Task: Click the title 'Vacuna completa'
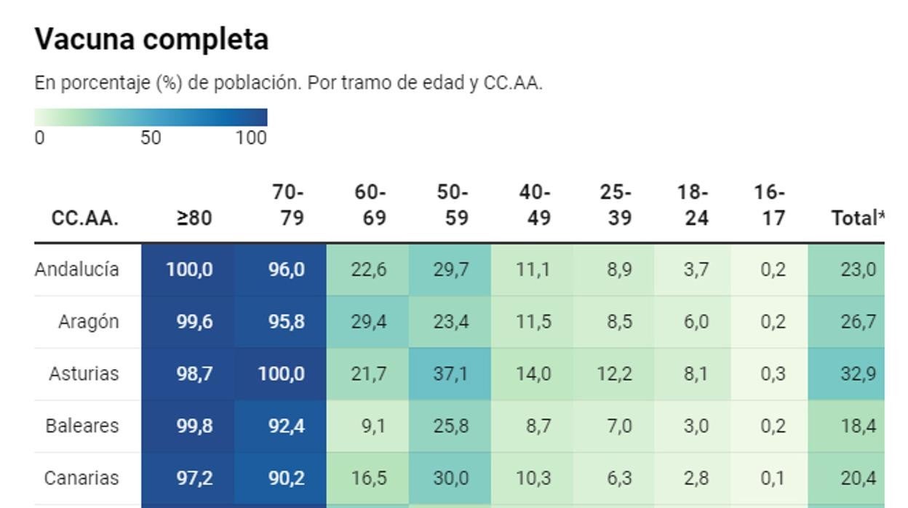pyautogui.click(x=151, y=39)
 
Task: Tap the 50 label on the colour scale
pyautogui.click(x=151, y=138)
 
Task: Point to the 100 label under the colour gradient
pyautogui.click(x=251, y=138)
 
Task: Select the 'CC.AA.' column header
pyautogui.click(x=85, y=218)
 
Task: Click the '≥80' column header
pyautogui.click(x=194, y=218)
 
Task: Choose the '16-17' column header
pyautogui.click(x=770, y=205)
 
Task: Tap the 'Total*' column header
pyautogui.click(x=858, y=218)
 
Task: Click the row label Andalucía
pyautogui.click(x=76, y=269)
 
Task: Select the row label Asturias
pyautogui.click(x=84, y=374)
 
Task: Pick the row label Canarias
pyautogui.click(x=81, y=478)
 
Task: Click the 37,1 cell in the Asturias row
pyautogui.click(x=450, y=374)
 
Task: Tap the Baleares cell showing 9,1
pyautogui.click(x=373, y=426)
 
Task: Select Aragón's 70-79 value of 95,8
pyautogui.click(x=287, y=322)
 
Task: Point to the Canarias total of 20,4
pyautogui.click(x=858, y=478)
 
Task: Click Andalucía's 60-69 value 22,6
pyautogui.click(x=368, y=269)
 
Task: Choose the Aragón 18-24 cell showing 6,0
pyautogui.click(x=696, y=322)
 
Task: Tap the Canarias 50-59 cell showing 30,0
pyautogui.click(x=450, y=478)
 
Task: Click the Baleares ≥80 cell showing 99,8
pyautogui.click(x=194, y=426)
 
